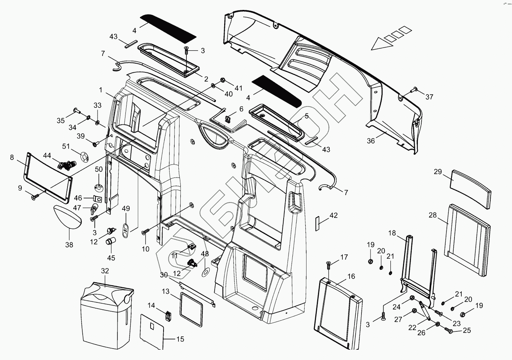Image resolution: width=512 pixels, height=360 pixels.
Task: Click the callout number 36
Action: pyautogui.click(x=371, y=141)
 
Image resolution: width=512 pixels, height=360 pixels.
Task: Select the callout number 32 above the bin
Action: pyautogui.click(x=105, y=271)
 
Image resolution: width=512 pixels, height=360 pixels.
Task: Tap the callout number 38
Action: pyautogui.click(x=69, y=245)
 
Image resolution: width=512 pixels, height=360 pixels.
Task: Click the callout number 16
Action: pyautogui.click(x=351, y=276)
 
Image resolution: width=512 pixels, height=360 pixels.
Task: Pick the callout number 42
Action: pyautogui.click(x=334, y=215)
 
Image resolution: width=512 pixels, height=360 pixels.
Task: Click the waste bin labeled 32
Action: pyautogui.click(x=104, y=312)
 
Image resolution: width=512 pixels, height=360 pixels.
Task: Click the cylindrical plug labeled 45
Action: pyautogui.click(x=110, y=241)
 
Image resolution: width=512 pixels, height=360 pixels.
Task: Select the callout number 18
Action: pyautogui.click(x=392, y=233)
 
